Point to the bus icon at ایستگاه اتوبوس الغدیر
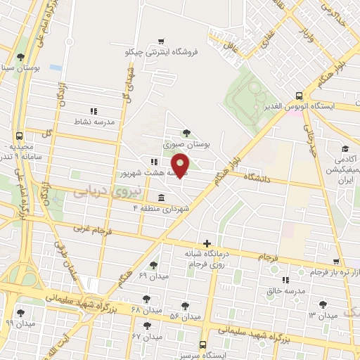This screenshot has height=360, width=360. point(300,96)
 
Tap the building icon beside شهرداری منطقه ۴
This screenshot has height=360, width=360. point(162,197)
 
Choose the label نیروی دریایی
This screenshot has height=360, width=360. point(98,190)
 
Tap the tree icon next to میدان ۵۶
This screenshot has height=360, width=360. point(184,306)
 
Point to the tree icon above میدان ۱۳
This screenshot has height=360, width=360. point(322,304)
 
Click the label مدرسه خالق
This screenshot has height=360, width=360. point(285,290)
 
